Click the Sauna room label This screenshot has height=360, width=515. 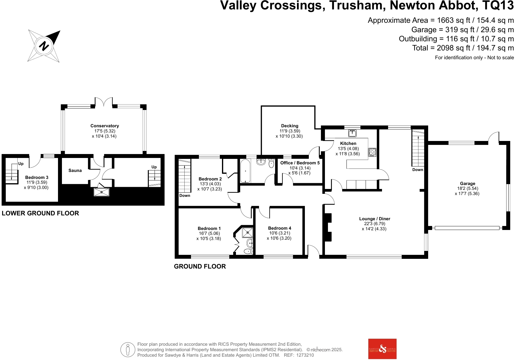(x=75, y=170)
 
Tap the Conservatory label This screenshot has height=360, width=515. (x=104, y=126)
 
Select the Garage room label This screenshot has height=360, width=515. (x=467, y=183)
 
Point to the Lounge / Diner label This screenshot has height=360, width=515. (x=374, y=219)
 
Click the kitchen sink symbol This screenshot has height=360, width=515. (x=352, y=133)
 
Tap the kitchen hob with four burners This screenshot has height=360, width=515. (x=373, y=152)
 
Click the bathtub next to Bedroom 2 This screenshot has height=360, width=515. (x=246, y=171)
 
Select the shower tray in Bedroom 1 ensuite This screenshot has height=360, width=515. (x=247, y=233)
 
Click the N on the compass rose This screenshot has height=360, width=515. (x=44, y=46)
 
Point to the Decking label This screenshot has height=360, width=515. (x=290, y=126)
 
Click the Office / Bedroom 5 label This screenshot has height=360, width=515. (x=300, y=163)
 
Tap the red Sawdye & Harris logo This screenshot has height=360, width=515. (x=382, y=349)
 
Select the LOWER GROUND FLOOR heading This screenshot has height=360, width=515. (x=40, y=213)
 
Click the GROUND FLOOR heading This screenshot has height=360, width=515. (x=200, y=266)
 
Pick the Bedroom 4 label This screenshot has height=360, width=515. (x=280, y=228)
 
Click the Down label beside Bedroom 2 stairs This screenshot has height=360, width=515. (x=185, y=196)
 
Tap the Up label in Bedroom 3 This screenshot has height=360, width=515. (x=21, y=164)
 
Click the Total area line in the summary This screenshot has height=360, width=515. (x=463, y=48)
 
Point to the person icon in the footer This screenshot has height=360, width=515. (x=128, y=350)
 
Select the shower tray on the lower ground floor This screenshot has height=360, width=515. (x=101, y=192)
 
